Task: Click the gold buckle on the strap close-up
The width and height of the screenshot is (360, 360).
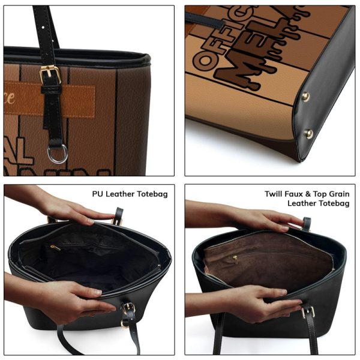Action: point(50,75)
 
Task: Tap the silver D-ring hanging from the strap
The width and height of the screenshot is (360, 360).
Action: point(57,154)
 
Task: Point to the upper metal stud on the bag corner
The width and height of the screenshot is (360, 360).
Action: point(305,97)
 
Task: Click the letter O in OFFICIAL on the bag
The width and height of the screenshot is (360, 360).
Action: point(201,59)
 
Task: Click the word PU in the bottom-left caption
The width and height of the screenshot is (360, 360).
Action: point(98,194)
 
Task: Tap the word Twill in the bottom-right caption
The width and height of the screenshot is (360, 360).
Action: point(275,194)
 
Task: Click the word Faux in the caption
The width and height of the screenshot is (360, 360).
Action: point(298,194)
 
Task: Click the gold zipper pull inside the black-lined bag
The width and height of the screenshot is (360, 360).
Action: point(56,247)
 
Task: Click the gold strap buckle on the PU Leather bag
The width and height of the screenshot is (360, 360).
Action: point(127,309)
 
